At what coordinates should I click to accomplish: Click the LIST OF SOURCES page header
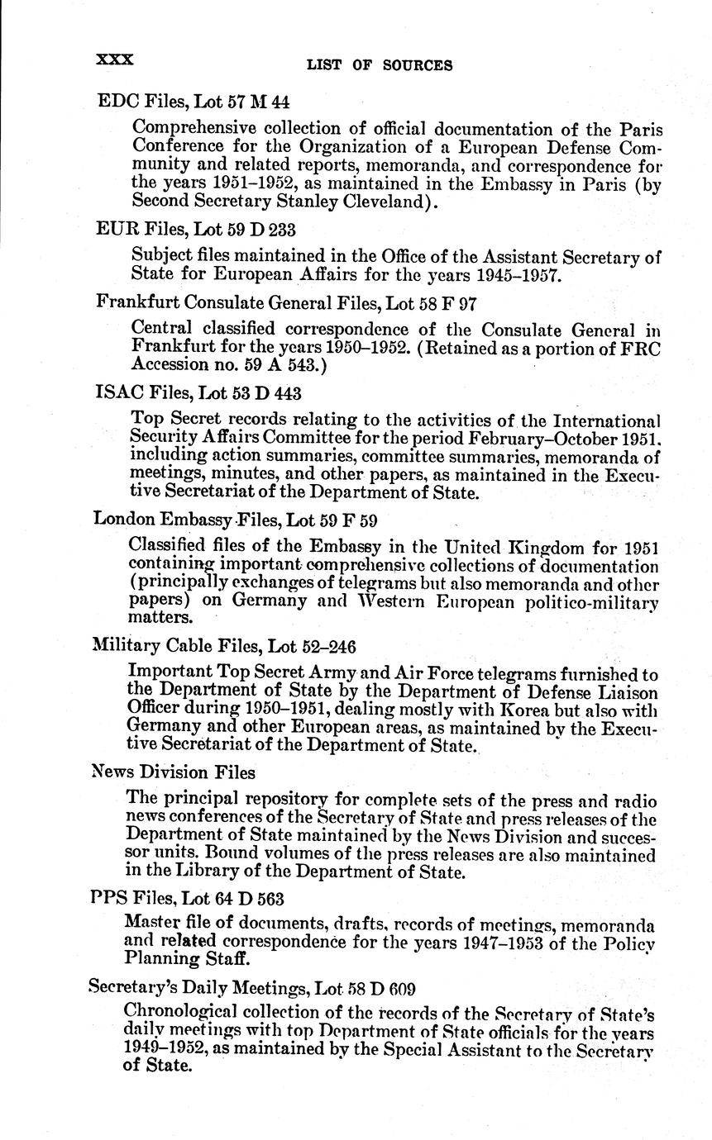[380, 65]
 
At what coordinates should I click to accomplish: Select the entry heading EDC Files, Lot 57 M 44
[193, 102]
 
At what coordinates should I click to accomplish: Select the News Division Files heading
[174, 772]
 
